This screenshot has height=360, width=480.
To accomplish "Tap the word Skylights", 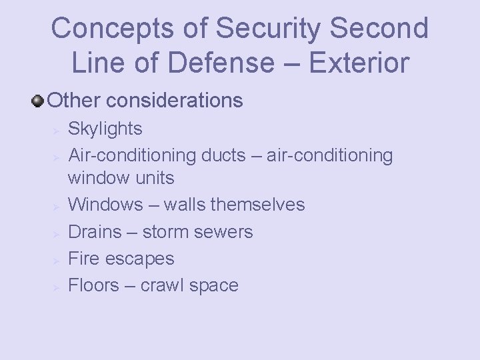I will point(105,128).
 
